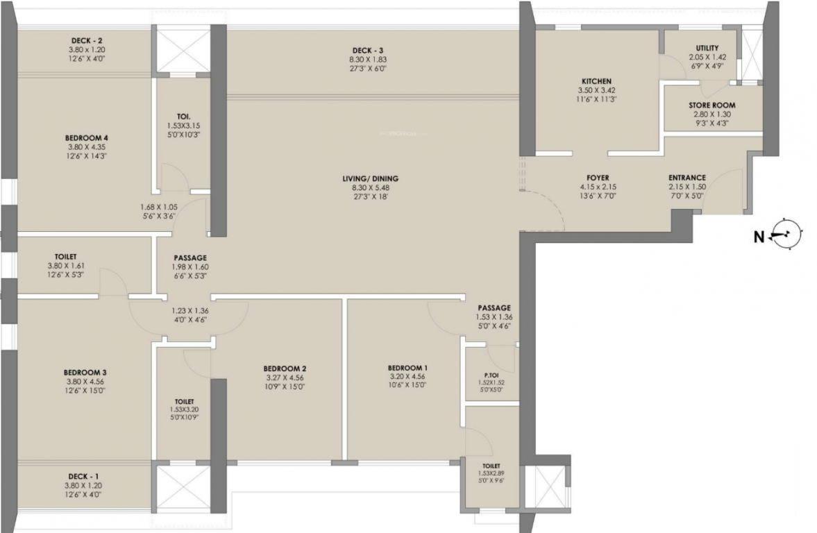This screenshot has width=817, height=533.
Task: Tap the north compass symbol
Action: pos(787,235)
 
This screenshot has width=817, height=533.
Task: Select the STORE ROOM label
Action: pos(711,105)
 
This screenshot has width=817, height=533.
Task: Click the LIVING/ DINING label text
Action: pos(370,178)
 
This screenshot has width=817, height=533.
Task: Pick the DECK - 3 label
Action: pos(367,50)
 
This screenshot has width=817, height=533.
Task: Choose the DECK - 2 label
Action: pos(87,41)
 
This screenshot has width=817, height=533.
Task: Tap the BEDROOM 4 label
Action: pos(87,137)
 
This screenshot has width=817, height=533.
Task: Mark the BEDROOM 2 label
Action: pos(285,369)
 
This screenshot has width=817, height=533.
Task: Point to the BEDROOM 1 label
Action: pos(407,369)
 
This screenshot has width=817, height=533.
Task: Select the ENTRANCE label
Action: pos(687,178)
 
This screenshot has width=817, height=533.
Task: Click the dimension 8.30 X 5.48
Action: pos(370,187)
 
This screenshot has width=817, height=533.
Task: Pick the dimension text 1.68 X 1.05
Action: pos(159,206)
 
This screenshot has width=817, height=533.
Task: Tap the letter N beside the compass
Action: pos(759,237)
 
